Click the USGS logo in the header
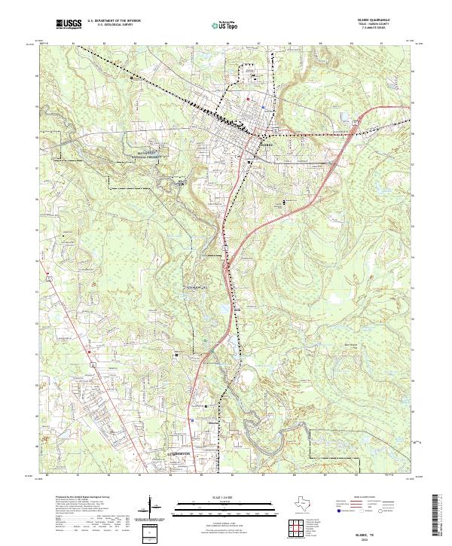pyautogui.click(x=69, y=24)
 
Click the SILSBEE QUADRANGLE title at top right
pyautogui.click(x=379, y=20)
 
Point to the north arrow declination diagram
pyautogui.click(x=155, y=508)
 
